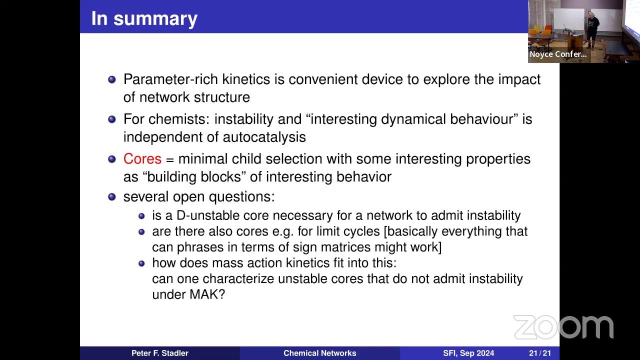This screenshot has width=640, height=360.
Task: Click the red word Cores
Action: [142, 159]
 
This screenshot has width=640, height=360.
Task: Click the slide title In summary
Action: [144, 18]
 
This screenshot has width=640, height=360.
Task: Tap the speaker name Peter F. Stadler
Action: [159, 353]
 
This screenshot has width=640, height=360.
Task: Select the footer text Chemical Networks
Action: [319, 353]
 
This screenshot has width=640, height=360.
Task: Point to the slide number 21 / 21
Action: [540, 353]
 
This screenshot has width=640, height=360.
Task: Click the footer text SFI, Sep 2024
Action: [468, 353]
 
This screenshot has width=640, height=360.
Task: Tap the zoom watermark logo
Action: [563, 327]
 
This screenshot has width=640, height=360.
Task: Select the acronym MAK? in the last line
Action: [207, 294]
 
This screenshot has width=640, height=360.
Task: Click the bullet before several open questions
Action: [112, 196]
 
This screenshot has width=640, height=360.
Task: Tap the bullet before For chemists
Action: [112, 119]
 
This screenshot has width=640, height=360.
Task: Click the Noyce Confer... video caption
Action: [558, 54]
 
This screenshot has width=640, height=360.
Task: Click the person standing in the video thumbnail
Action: [591, 27]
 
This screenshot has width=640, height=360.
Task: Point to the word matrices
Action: [373, 247]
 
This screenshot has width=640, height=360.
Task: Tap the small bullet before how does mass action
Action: [141, 263]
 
